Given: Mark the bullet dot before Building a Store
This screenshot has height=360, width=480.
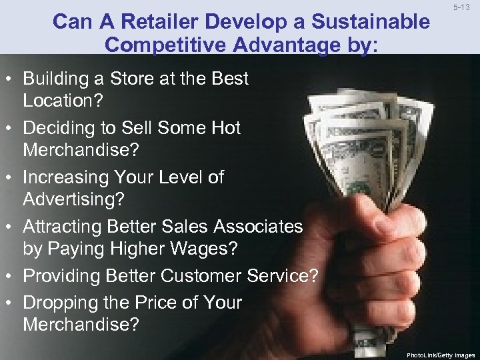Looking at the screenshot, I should (x=12, y=79).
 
